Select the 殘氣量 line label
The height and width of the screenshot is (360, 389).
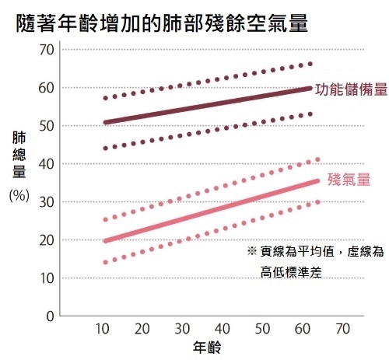347,179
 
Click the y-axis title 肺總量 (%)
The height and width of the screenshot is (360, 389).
19,166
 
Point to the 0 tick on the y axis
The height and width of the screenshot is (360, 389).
49,316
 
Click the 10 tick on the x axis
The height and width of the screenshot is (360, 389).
103,329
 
